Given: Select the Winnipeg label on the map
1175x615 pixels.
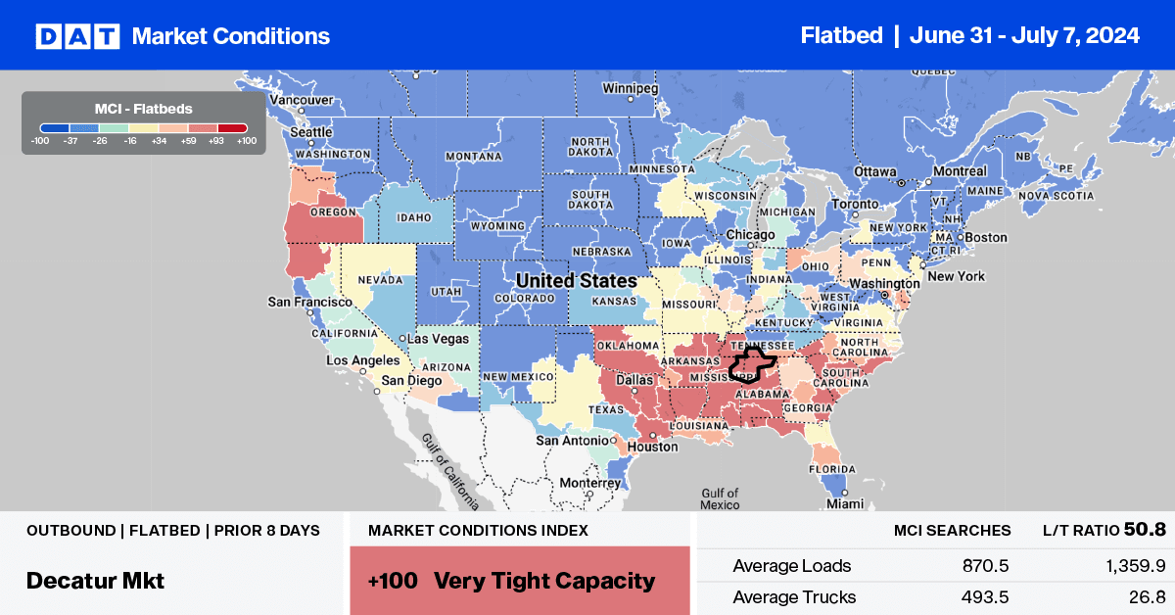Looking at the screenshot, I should pyautogui.click(x=628, y=88).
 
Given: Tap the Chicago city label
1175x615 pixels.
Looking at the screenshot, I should pyautogui.click(x=752, y=235).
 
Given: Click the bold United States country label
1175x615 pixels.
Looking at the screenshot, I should pyautogui.click(x=576, y=281).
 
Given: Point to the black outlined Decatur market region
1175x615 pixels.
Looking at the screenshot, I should pyautogui.click(x=752, y=363).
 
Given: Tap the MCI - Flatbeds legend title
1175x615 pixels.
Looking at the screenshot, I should pyautogui.click(x=143, y=108).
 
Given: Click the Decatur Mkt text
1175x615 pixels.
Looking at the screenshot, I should pyautogui.click(x=95, y=580).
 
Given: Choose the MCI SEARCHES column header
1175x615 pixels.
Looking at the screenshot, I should pyautogui.click(x=952, y=530).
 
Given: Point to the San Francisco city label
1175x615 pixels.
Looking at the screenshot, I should pyautogui.click(x=310, y=302).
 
